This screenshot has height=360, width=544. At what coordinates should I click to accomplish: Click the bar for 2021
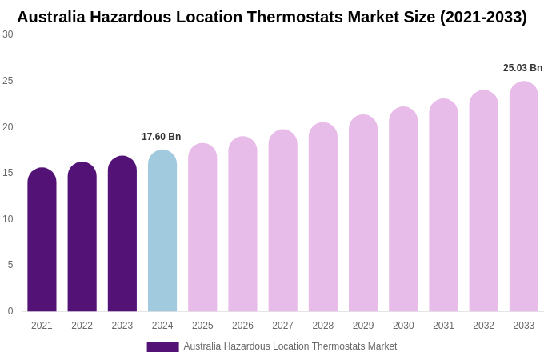[x=42, y=240]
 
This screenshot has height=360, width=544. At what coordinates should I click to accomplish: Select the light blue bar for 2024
[x=162, y=232]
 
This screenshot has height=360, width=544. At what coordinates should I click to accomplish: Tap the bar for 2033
[x=524, y=197]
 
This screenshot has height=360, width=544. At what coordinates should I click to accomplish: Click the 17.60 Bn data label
[x=162, y=137]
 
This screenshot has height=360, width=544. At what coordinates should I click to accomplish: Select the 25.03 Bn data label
[x=522, y=68]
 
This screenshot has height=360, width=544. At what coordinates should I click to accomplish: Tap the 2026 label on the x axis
[x=242, y=326]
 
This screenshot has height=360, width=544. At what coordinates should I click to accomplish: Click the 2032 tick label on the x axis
[x=483, y=326]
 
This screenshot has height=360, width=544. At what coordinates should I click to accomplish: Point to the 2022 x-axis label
[x=82, y=326]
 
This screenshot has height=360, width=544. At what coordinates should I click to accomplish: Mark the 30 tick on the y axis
[x=8, y=34]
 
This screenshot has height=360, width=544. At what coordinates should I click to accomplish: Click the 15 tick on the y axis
[x=8, y=173]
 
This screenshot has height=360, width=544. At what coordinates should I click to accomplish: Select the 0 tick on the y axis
[x=10, y=311]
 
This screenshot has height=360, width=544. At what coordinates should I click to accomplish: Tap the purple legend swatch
[x=162, y=347]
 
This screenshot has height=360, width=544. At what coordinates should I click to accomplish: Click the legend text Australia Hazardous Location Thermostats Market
[x=290, y=346]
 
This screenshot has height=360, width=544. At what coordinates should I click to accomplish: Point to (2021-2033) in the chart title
[x=483, y=17]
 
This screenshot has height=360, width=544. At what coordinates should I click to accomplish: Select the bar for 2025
[x=202, y=228]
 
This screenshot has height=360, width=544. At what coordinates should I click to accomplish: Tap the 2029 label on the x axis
[x=363, y=326]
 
